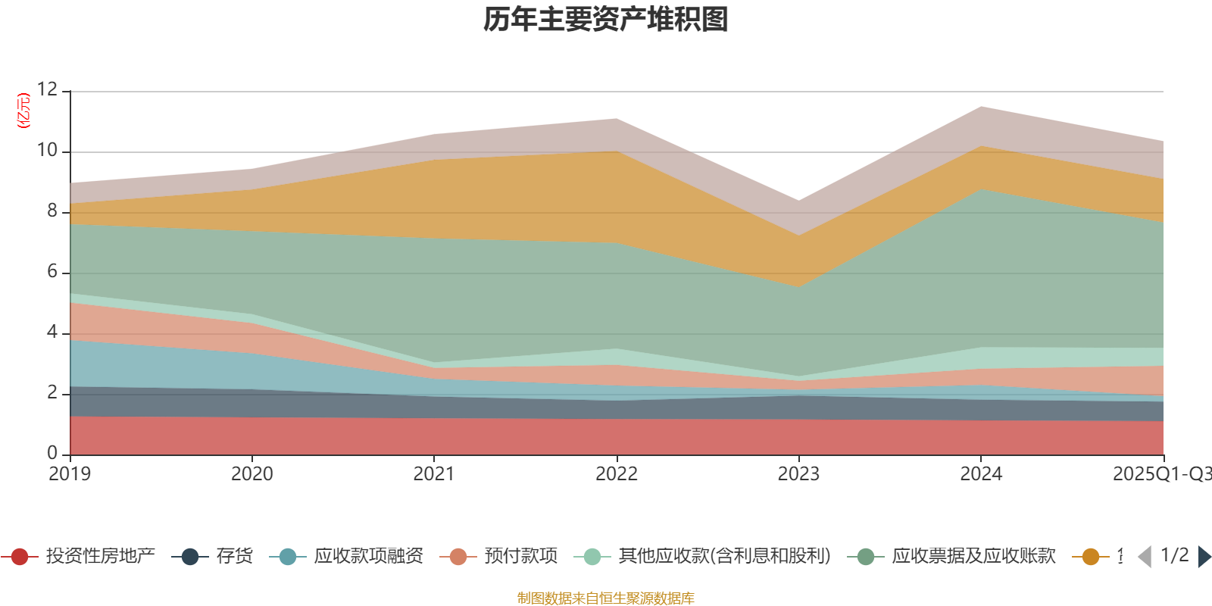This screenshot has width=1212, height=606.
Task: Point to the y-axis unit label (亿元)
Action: (x=24, y=111)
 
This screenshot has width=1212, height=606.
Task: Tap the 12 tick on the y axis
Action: (x=47, y=89)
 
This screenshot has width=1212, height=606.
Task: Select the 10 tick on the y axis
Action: (x=47, y=150)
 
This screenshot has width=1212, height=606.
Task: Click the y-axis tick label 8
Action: (x=52, y=211)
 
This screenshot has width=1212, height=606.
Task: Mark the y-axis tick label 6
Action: (x=52, y=271)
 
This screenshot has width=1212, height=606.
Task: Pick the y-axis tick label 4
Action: (x=52, y=332)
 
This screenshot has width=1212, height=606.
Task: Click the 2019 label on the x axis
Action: (x=70, y=474)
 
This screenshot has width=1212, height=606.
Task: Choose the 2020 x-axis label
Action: (x=251, y=474)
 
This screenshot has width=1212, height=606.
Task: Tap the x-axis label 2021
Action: (x=434, y=474)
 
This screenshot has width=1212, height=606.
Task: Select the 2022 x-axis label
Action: (x=617, y=474)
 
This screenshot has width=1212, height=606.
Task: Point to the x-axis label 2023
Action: (x=798, y=474)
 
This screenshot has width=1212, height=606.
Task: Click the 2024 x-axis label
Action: (x=981, y=474)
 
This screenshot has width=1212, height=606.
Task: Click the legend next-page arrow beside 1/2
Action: (x=1204, y=557)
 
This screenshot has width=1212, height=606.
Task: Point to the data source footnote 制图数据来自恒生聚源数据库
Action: (x=605, y=598)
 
